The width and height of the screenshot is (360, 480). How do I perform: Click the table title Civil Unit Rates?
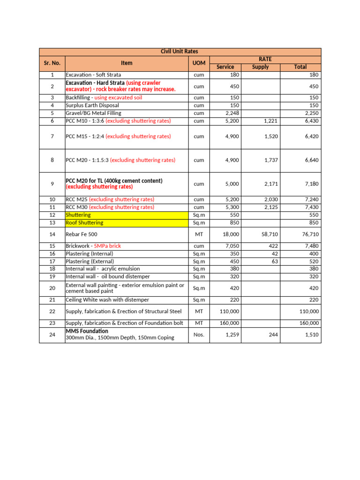click(x=180, y=52)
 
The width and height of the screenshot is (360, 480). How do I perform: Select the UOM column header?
click(x=199, y=63)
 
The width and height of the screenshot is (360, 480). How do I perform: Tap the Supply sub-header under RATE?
click(x=260, y=67)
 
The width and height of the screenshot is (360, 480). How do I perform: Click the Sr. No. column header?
click(x=52, y=63)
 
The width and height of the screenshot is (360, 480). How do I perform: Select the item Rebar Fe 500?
click(x=82, y=234)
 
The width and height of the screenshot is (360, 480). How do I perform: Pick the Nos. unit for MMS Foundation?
click(x=199, y=335)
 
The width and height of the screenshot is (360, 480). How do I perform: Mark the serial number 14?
click(x=52, y=234)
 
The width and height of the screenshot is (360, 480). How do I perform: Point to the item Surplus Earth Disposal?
click(x=92, y=105)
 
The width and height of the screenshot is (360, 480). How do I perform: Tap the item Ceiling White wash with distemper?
click(x=107, y=300)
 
